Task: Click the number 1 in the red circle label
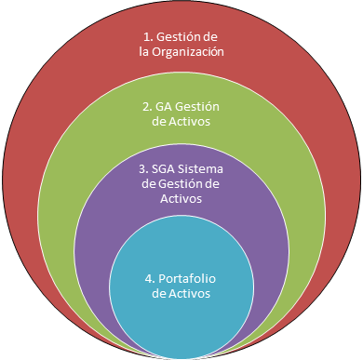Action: [147, 36]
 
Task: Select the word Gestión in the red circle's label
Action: [178, 36]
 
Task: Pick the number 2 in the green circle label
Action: [146, 106]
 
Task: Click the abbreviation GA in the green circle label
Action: [165, 106]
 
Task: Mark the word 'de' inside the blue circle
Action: [158, 293]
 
